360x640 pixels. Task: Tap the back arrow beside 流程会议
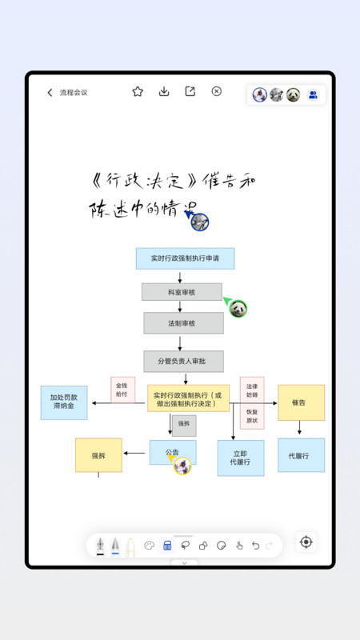pyautogui.click(x=50, y=93)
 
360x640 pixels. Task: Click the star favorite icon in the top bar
pyautogui.click(x=138, y=92)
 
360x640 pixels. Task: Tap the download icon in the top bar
pyautogui.click(x=164, y=92)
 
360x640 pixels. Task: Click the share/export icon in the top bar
pyautogui.click(x=190, y=92)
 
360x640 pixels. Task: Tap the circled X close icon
pyautogui.click(x=216, y=92)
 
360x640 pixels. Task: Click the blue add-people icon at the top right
pyautogui.click(x=313, y=94)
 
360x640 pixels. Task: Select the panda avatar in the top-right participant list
pyautogui.click(x=294, y=94)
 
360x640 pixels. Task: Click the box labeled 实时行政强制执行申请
pyautogui.click(x=185, y=258)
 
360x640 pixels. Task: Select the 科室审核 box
pyautogui.click(x=182, y=292)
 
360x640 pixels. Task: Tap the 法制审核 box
pyautogui.click(x=183, y=323)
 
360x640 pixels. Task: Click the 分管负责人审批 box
pyautogui.click(x=184, y=362)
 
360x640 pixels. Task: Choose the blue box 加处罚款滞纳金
pyautogui.click(x=64, y=402)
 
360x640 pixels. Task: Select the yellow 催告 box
pyautogui.click(x=301, y=402)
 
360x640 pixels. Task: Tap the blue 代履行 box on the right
pyautogui.click(x=301, y=455)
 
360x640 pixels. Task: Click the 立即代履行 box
pyautogui.click(x=241, y=458)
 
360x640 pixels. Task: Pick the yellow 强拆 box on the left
pyautogui.click(x=98, y=455)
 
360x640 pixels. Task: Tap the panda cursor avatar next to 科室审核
pyautogui.click(x=238, y=308)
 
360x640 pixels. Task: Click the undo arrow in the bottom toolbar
pyautogui.click(x=255, y=546)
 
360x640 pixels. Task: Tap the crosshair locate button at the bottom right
pyautogui.click(x=306, y=542)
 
